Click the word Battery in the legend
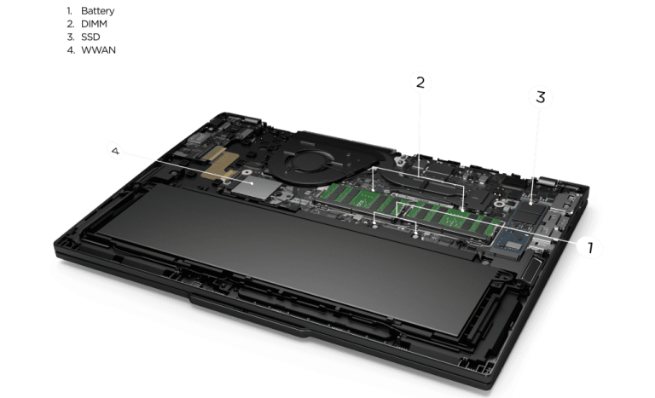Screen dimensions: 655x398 (97, 11)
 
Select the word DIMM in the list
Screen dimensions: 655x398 (94, 24)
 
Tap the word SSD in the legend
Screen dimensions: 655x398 (90, 37)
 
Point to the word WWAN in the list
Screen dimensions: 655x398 (98, 49)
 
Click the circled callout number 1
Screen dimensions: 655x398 (590, 247)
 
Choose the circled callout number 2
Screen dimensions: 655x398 (420, 83)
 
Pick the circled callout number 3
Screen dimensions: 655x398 (540, 97)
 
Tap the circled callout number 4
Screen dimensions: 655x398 (116, 151)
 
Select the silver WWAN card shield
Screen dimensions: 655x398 (256, 187)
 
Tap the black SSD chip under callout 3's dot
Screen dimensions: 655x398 (530, 212)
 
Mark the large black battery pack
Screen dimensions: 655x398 (293, 258)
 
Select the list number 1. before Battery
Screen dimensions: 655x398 (70, 11)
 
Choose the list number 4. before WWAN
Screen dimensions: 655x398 (71, 49)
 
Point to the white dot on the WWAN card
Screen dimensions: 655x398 (252, 183)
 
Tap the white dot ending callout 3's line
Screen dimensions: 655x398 (531, 204)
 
